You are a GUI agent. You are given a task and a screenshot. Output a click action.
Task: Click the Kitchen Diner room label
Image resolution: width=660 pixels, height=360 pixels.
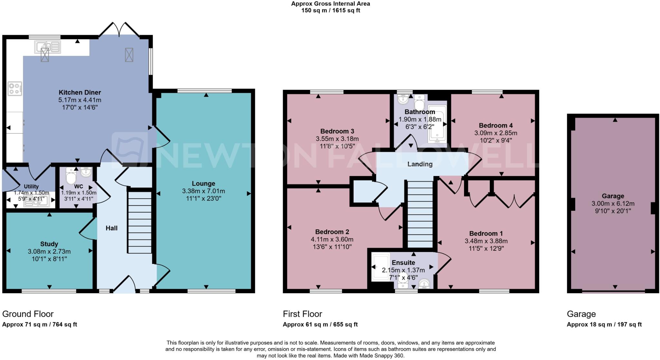point(80,92)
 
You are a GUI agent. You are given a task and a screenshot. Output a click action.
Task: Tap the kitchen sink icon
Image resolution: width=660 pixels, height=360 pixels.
point(47,47)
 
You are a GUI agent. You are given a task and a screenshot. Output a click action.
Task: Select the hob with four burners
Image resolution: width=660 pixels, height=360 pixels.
point(15,89)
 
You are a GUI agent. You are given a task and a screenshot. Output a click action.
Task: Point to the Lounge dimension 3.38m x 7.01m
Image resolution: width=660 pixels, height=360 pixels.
point(203,191)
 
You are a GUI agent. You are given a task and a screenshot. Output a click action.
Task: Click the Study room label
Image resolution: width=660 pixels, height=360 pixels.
point(49,244)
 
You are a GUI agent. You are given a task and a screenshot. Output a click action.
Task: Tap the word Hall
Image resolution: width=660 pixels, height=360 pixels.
point(112,228)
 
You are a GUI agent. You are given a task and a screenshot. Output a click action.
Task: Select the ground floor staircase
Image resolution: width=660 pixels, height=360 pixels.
point(140,222)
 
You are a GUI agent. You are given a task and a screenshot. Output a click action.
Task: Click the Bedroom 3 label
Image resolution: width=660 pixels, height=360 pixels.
point(337,131)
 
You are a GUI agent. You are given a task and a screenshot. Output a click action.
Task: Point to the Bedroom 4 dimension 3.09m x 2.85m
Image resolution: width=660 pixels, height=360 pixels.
point(495,133)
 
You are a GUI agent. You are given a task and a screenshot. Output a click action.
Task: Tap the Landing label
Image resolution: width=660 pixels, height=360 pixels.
point(420,164)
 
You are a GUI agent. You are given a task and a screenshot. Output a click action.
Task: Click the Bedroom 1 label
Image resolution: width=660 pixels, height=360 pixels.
point(486,233)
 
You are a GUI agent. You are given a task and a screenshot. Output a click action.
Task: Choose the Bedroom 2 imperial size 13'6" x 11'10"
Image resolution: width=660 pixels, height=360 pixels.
point(332,247)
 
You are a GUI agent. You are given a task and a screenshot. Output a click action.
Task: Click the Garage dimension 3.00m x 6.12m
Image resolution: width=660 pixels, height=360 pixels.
point(613,204)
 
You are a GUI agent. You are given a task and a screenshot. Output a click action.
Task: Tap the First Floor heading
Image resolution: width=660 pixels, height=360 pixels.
point(302,314)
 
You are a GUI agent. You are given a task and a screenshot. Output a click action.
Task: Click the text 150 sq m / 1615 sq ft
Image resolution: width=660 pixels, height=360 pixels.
point(330,10)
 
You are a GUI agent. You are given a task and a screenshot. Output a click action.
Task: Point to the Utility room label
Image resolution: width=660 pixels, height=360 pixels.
point(31,186)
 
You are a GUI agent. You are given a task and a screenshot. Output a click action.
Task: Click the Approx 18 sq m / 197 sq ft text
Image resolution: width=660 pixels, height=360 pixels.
point(604,325)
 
